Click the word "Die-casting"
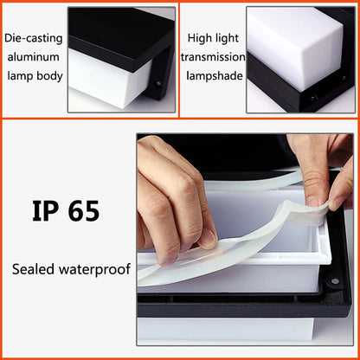tap(33, 37)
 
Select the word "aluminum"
tap(33, 56)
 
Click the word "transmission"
tap(213, 56)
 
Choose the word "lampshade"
tap(213, 75)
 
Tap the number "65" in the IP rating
tap(85, 210)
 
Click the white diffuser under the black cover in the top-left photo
tap(104, 91)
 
